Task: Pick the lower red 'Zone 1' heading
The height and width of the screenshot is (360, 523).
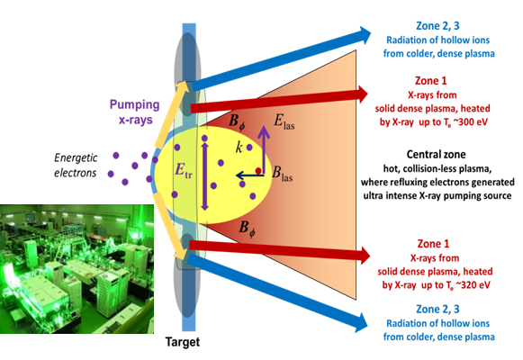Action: pyautogui.click(x=436, y=244)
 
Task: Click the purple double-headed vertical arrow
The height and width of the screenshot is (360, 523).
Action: pyautogui.click(x=205, y=171)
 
